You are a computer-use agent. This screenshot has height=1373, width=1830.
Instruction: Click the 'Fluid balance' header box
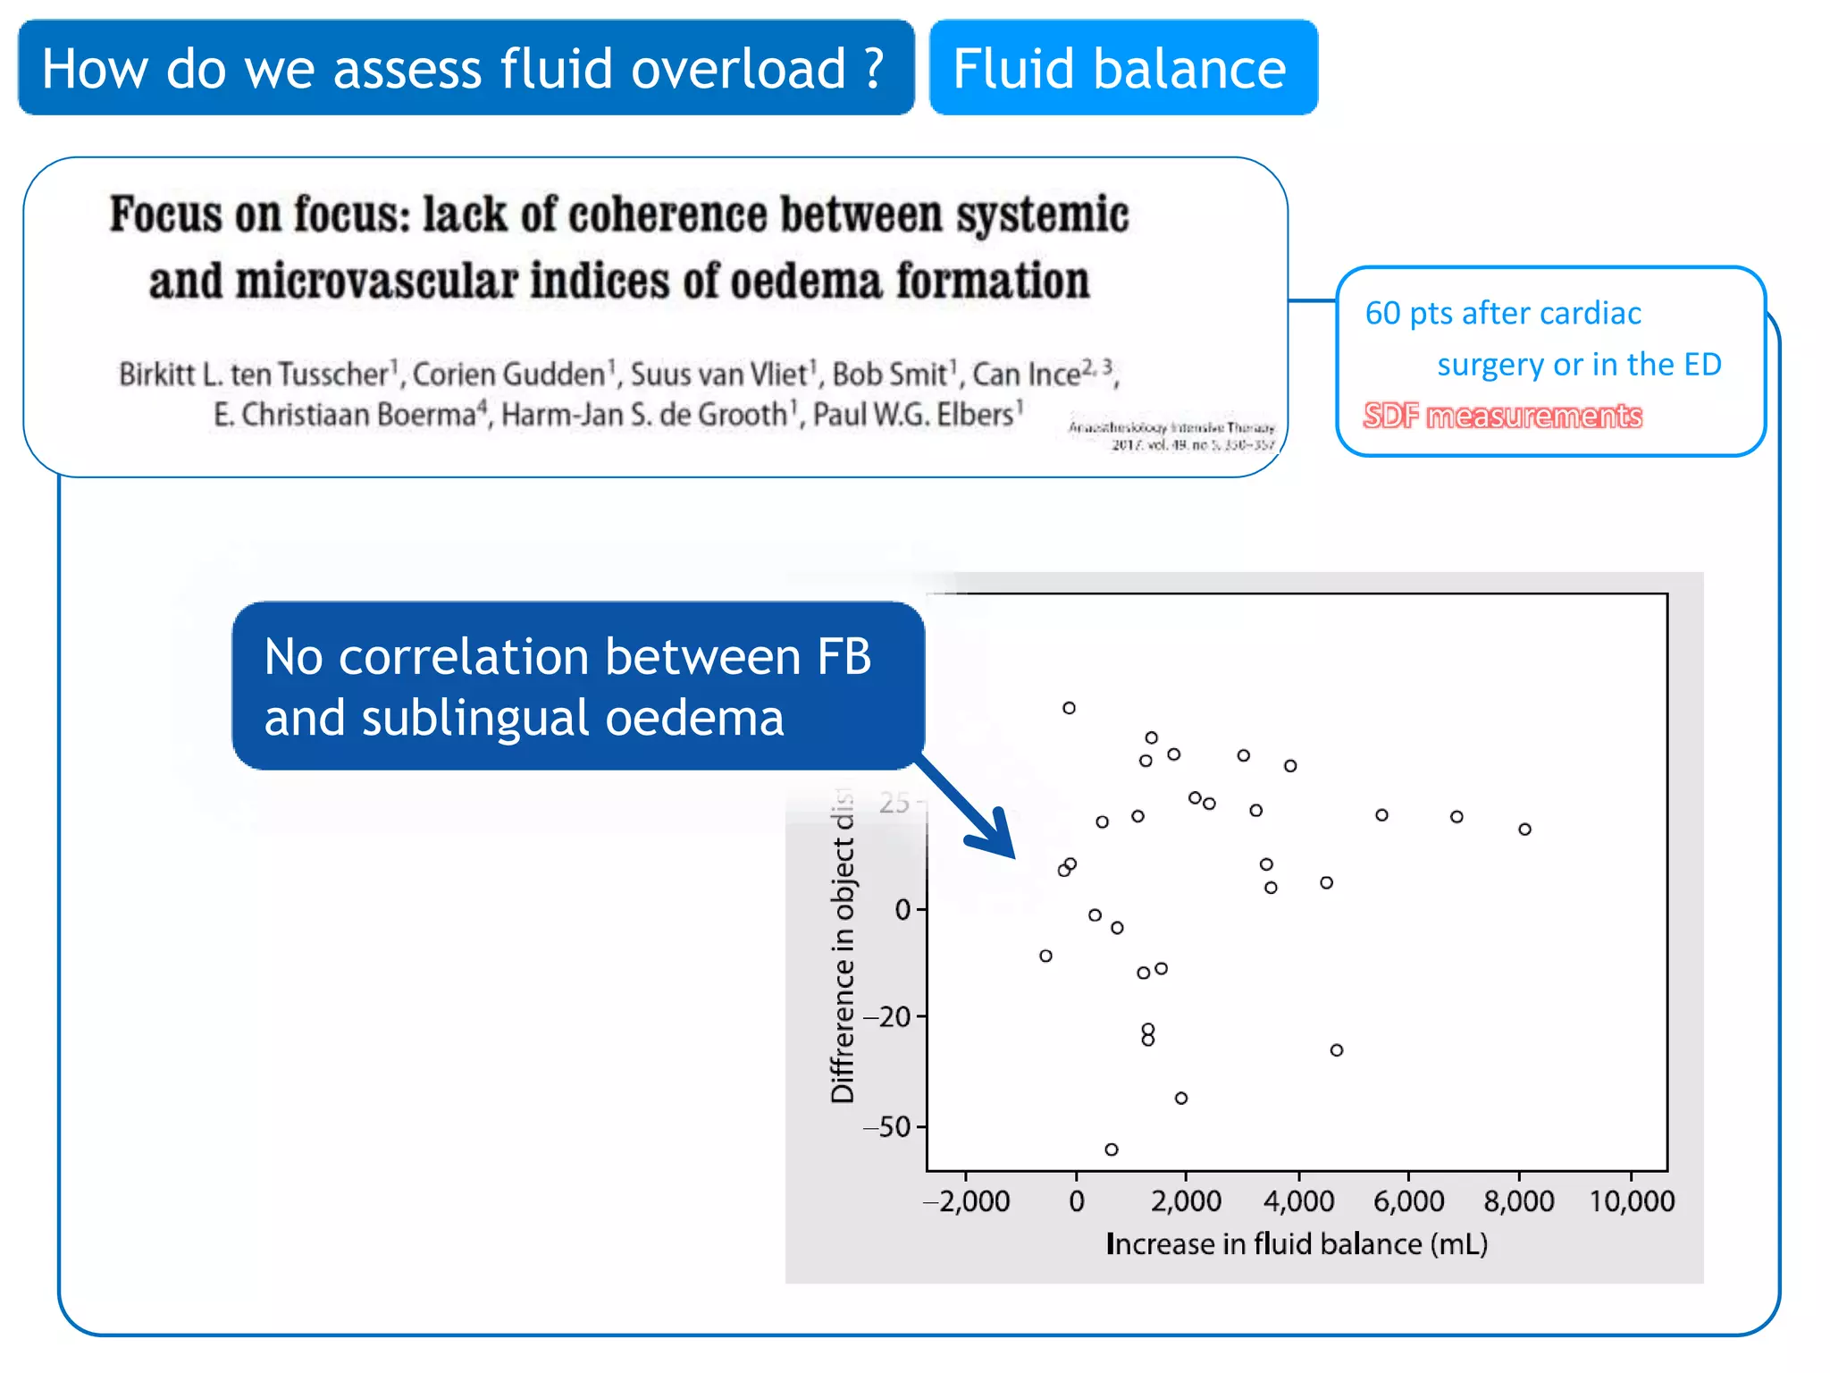tap(1122, 69)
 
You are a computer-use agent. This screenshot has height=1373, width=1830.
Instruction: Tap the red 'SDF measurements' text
tap(1502, 416)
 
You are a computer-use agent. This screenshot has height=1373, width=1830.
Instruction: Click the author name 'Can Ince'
tap(1028, 375)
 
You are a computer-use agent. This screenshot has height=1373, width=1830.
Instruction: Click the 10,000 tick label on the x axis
tap(1632, 1200)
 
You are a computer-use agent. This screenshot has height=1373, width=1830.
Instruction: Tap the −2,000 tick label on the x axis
tap(967, 1200)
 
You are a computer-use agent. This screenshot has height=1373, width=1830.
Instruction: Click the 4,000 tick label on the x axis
tap(1298, 1200)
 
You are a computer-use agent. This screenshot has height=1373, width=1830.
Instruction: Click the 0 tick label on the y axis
tap(902, 910)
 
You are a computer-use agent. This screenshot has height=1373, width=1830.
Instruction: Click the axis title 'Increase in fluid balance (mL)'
tap(1297, 1243)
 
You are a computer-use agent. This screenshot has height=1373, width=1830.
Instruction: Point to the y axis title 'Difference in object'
tap(842, 948)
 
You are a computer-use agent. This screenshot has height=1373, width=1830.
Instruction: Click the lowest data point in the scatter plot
tap(1111, 1150)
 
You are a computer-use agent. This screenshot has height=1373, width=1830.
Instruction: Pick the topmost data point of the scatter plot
tap(1069, 708)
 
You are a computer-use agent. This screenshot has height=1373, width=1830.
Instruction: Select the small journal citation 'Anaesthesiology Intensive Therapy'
tap(1171, 428)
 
